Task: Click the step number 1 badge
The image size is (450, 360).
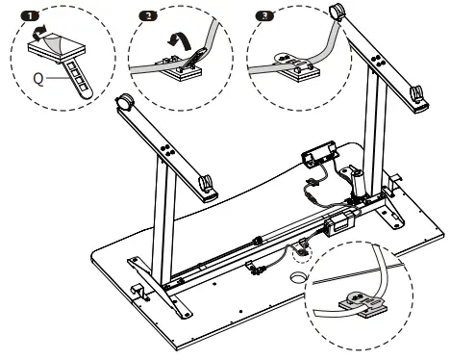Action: click(x=30, y=15)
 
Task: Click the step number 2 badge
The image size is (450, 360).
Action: click(x=148, y=15)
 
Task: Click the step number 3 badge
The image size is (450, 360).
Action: click(x=264, y=15)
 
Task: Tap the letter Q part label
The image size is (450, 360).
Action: click(x=38, y=79)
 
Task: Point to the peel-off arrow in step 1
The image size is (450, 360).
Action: click(x=39, y=33)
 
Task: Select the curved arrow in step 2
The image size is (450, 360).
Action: click(x=180, y=41)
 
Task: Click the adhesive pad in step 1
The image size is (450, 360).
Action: click(x=57, y=48)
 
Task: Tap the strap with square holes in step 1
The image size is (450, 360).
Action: click(x=77, y=79)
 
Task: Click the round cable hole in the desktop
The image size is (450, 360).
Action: click(x=298, y=277)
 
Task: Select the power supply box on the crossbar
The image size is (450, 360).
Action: click(x=338, y=223)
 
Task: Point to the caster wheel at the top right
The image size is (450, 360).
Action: click(x=337, y=12)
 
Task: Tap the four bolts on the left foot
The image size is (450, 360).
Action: click(x=166, y=150)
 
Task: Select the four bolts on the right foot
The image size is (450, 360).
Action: click(x=376, y=62)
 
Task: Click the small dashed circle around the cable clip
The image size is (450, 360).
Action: click(x=302, y=253)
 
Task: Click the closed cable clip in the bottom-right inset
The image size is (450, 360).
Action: click(x=362, y=304)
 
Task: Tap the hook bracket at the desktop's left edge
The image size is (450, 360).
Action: click(x=138, y=291)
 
